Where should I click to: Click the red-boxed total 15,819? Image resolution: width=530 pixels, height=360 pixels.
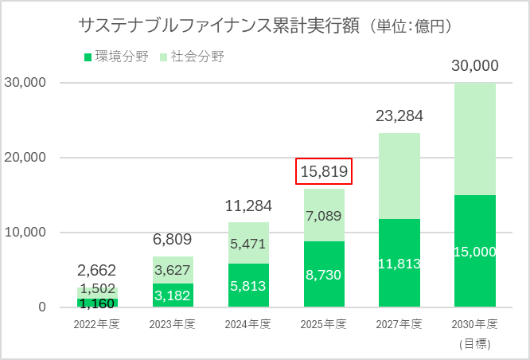pyautogui.click(x=324, y=170)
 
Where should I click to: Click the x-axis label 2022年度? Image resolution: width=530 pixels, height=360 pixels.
pyautogui.click(x=98, y=324)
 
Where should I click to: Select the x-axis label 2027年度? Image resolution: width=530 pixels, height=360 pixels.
pyautogui.click(x=399, y=324)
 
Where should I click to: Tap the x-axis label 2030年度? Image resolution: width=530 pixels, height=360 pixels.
pyautogui.click(x=474, y=324)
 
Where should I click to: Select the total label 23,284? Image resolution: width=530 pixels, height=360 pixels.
pyautogui.click(x=399, y=117)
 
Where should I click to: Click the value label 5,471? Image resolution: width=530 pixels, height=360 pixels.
pyautogui.click(x=249, y=243)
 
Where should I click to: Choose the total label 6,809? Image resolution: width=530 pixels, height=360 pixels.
pyautogui.click(x=173, y=240)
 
